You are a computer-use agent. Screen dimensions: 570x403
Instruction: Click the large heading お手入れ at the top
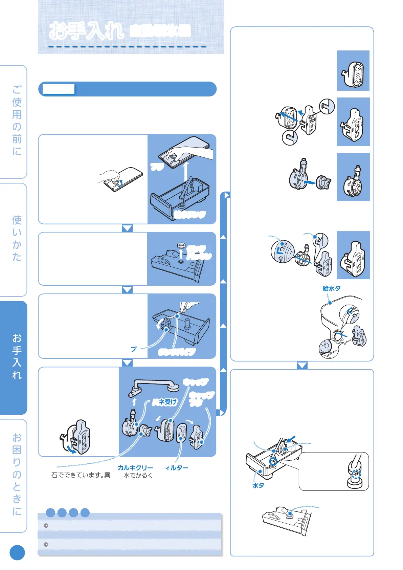coord(86,31)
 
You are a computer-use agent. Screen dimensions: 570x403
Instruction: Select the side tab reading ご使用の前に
coord(17,120)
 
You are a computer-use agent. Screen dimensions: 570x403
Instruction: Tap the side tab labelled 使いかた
coord(17,238)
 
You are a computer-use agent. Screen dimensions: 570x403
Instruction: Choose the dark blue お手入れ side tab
coord(17,356)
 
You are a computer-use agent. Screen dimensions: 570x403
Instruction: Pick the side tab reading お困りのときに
coord(17,474)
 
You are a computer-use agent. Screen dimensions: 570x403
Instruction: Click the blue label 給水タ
coord(331,288)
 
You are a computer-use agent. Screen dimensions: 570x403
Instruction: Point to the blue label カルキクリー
coord(135,468)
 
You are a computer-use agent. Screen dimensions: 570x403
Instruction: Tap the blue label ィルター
coord(177,468)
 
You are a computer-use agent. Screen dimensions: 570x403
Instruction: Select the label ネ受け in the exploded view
coord(164,402)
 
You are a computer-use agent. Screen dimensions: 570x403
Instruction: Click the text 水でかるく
coord(138,475)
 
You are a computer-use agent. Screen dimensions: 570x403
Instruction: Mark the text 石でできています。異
coord(81,475)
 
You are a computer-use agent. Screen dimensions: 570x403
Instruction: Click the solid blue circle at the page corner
coord(17,553)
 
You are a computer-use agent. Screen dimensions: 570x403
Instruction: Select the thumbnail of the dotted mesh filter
coord(353,71)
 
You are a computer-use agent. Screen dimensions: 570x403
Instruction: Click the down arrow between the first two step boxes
coord(127,228)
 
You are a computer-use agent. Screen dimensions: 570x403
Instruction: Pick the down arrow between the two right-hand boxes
coord(302,366)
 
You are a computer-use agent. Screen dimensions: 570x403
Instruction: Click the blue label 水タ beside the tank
coord(258,485)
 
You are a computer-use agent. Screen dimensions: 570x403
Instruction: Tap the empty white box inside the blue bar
coord(59,89)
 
